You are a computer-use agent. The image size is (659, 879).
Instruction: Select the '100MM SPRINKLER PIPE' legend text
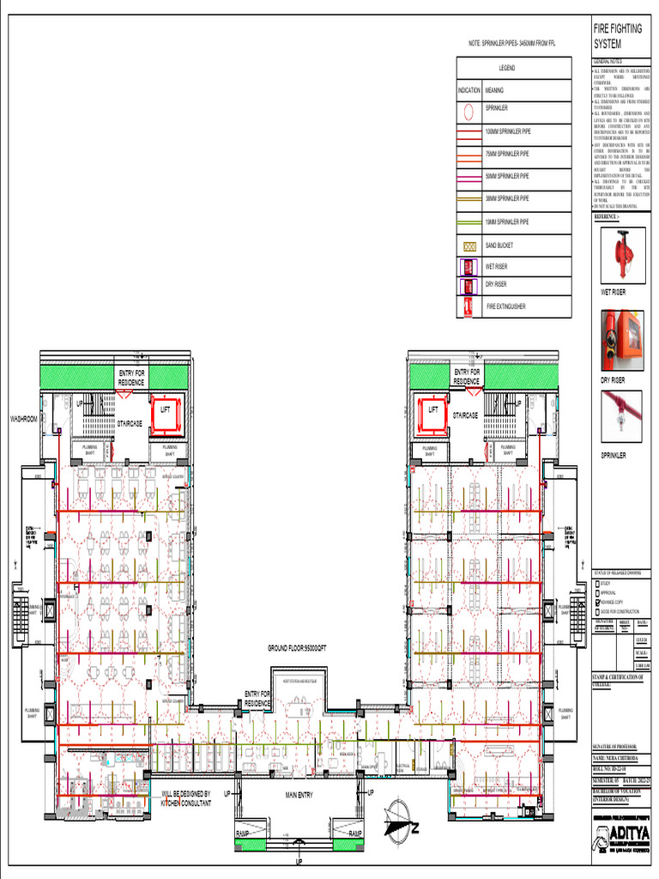click(508, 131)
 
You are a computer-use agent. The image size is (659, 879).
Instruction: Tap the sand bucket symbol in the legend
click(469, 246)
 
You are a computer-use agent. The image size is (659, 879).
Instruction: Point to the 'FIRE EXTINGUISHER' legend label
click(506, 306)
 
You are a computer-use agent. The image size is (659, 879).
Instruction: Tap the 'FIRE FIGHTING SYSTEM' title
click(617, 35)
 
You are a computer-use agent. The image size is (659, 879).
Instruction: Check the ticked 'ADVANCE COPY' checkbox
click(597, 603)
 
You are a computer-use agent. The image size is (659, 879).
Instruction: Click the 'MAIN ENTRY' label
click(299, 795)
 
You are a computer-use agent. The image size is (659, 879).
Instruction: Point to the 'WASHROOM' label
click(23, 419)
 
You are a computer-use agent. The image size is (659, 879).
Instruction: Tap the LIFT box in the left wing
click(166, 410)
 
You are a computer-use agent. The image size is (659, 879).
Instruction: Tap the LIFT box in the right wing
click(432, 410)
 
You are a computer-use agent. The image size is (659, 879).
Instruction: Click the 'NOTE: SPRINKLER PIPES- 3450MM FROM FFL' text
click(512, 43)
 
